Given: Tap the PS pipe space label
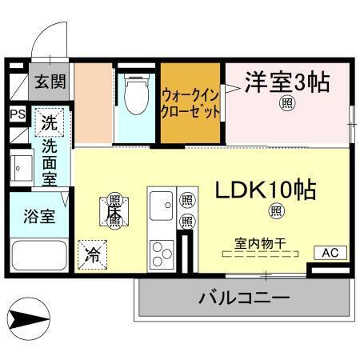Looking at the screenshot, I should tap(18, 114).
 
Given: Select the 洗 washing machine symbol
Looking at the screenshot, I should tap(50, 124).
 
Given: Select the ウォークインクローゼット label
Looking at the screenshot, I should tap(190, 103).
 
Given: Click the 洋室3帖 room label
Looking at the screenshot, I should tap(286, 82).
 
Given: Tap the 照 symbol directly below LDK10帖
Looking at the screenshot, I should tap(276, 211).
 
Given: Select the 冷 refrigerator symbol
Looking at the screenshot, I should tap(93, 256).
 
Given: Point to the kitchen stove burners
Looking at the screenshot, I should tap(162, 253).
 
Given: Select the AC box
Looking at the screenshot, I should tap(331, 252).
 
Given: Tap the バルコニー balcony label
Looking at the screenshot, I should tap(243, 298).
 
